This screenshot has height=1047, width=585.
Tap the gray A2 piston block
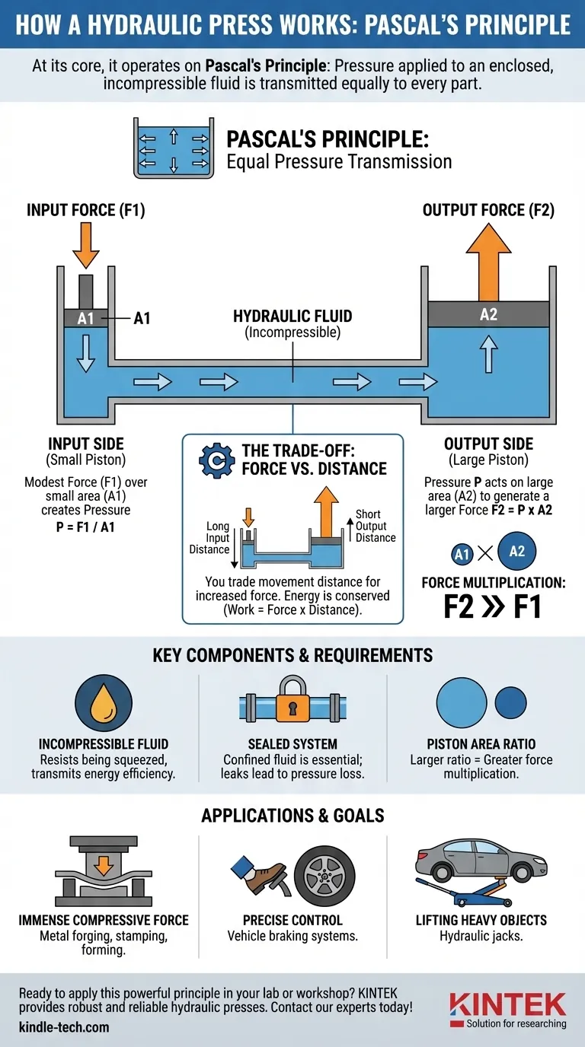click(x=488, y=314)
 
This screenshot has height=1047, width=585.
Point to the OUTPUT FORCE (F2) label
click(x=488, y=211)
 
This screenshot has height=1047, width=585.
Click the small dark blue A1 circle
click(x=462, y=554)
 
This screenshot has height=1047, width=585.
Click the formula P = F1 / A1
click(x=85, y=527)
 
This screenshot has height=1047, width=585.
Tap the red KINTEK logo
click(x=507, y=1004)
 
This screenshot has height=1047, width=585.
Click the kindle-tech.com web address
click(x=64, y=1027)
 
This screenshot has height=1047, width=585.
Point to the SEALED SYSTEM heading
click(x=292, y=743)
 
